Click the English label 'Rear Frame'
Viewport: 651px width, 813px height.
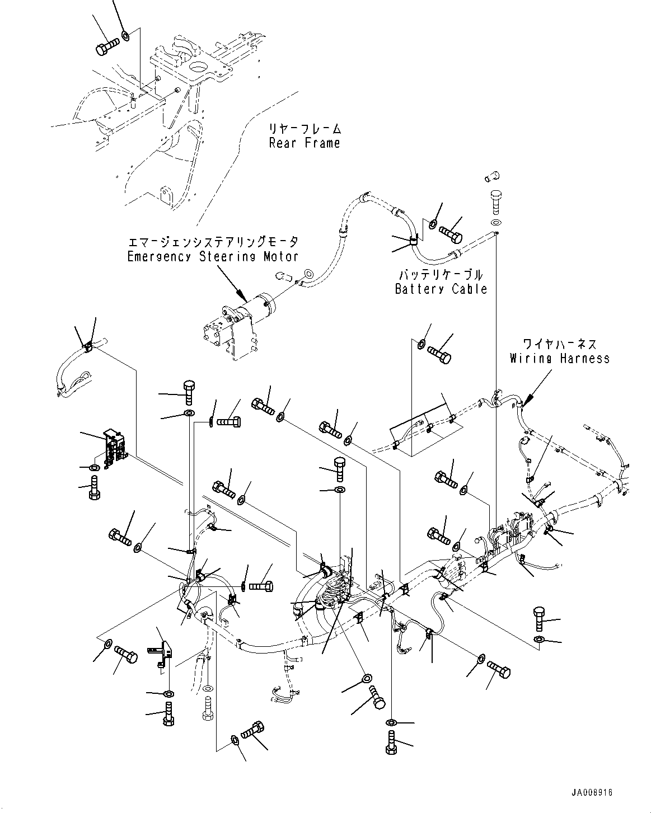(304, 143)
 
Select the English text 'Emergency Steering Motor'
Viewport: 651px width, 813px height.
(213, 257)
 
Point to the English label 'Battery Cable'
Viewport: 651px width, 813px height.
(441, 289)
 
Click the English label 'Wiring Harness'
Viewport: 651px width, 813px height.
(559, 358)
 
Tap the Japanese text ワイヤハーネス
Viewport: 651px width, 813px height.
(559, 344)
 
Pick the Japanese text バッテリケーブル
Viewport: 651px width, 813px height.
(441, 275)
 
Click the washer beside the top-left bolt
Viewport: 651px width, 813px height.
(126, 36)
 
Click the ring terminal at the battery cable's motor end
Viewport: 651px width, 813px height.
(307, 274)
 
